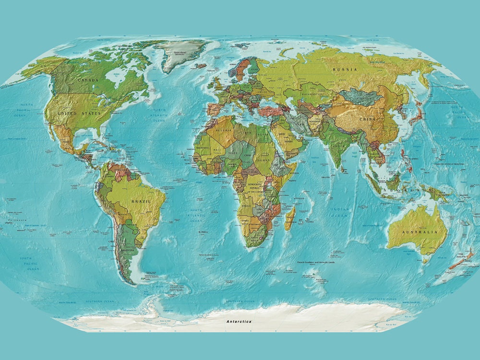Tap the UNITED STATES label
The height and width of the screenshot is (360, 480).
[79, 113]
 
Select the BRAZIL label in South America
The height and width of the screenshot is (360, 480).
[141, 201]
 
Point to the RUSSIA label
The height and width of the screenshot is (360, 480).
[345, 70]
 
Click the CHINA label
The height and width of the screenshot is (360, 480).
[367, 120]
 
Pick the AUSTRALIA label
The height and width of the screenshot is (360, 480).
[419, 232]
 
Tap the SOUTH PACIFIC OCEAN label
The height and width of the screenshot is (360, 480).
[29, 264]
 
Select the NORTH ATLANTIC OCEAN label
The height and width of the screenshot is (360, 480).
[159, 115]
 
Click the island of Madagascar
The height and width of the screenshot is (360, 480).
[290, 218]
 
